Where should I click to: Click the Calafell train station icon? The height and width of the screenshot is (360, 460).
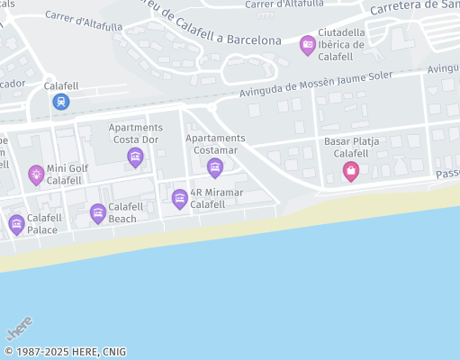60,102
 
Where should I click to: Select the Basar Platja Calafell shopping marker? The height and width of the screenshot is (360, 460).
351,171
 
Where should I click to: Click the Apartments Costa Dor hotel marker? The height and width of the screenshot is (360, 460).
135,158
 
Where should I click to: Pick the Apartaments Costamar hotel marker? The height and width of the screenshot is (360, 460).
215,167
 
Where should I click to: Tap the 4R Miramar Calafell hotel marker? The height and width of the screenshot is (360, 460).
179,198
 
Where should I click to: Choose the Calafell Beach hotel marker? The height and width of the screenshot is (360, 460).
98,212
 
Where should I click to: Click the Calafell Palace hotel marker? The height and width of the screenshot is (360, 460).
16,224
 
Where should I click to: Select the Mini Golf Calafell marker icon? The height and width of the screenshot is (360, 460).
36,174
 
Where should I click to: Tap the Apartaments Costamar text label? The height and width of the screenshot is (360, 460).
215,144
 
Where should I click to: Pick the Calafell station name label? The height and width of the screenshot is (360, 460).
61,86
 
